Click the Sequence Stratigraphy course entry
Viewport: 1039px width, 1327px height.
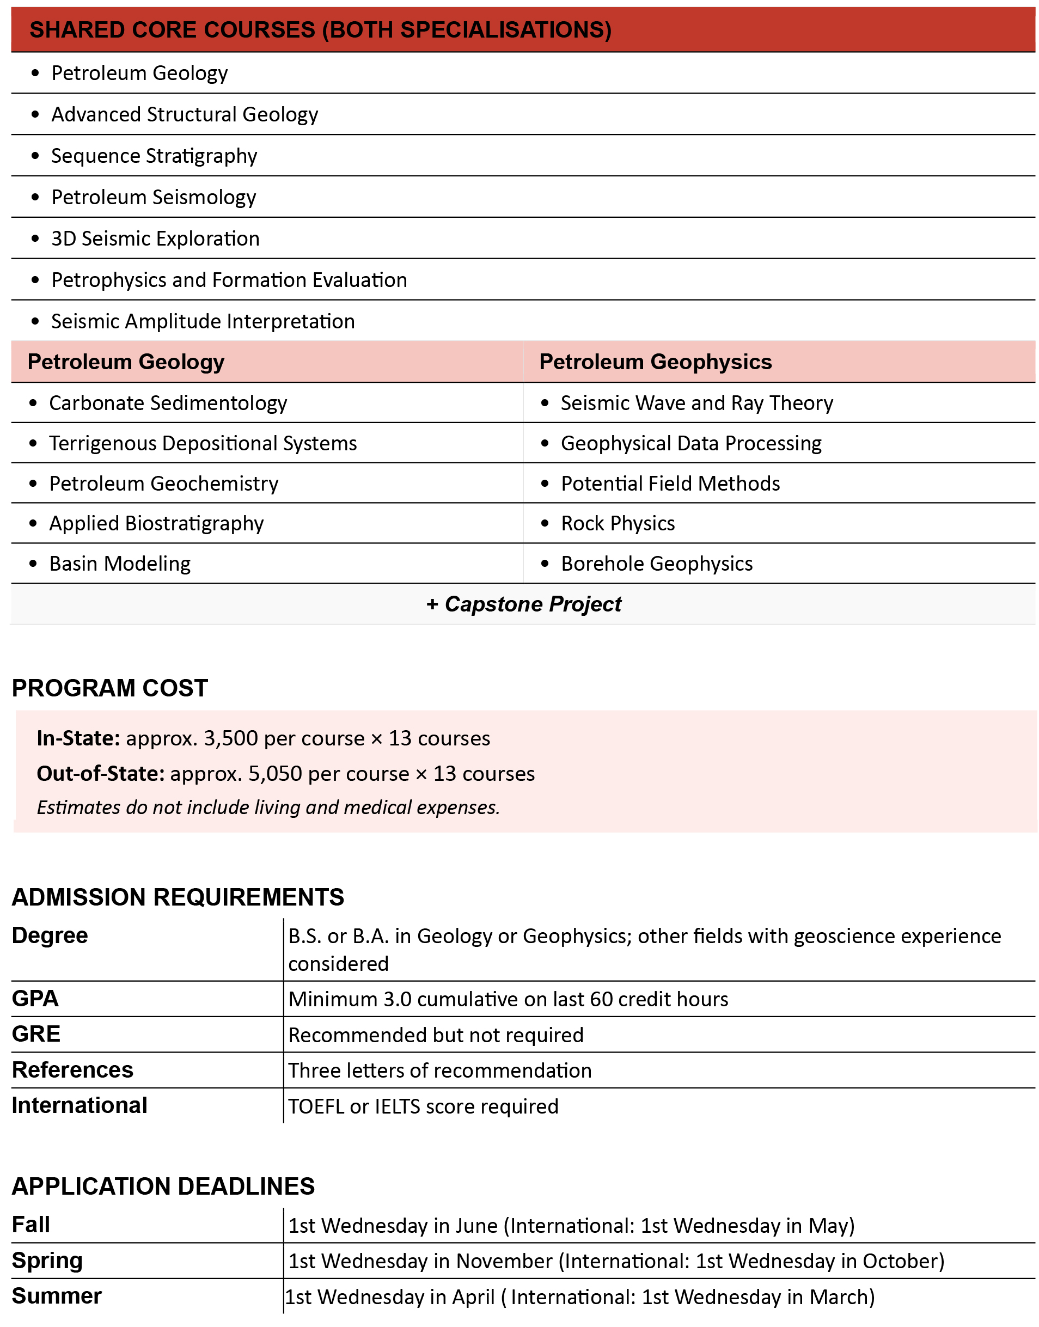[154, 156]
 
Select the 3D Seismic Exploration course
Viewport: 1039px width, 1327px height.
[155, 239]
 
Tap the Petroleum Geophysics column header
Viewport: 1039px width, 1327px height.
[655, 362]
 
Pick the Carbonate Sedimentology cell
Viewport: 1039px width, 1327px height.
[168, 402]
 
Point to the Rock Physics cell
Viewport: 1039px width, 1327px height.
[618, 523]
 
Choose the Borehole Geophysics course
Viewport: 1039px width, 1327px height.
[656, 564]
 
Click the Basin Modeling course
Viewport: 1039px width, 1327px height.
[120, 564]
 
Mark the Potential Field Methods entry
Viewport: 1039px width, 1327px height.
[670, 484]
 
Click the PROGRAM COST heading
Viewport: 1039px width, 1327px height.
[109, 688]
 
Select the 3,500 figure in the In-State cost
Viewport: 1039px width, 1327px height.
[230, 738]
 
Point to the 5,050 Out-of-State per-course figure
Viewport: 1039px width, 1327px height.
[275, 774]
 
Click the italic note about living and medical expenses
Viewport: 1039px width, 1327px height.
[268, 808]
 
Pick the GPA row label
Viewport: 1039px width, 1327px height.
[35, 999]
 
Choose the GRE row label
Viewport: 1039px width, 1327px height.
[36, 1034]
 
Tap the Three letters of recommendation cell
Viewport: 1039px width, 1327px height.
[439, 1071]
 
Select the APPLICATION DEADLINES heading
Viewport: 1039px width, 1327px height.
[163, 1186]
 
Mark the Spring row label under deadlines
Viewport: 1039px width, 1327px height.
[47, 1261]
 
